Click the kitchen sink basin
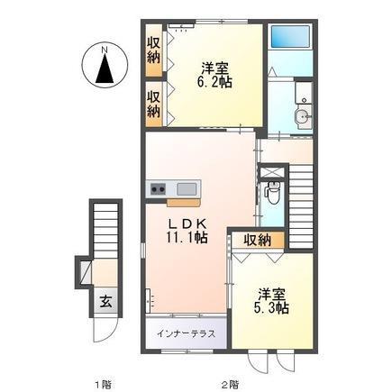point(187,188)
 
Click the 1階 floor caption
point(101,383)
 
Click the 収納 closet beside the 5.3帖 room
point(257,240)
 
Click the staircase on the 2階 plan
point(301,194)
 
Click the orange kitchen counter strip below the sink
point(171,200)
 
